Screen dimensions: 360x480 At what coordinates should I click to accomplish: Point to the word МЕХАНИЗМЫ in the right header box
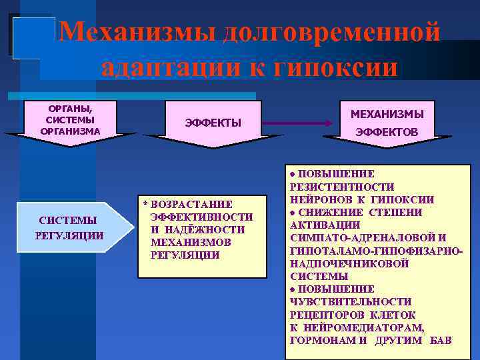point(387,115)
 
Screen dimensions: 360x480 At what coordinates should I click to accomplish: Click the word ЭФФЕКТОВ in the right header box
point(387,133)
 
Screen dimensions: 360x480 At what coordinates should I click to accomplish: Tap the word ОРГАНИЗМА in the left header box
point(71,131)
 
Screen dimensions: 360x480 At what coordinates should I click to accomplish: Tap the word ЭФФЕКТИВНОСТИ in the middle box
point(202,217)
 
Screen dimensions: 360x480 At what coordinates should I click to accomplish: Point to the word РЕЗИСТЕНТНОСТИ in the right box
point(342,187)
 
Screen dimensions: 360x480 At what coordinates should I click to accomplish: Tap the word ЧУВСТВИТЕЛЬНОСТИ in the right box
point(351,301)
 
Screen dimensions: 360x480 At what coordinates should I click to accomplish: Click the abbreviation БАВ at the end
point(441,340)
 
